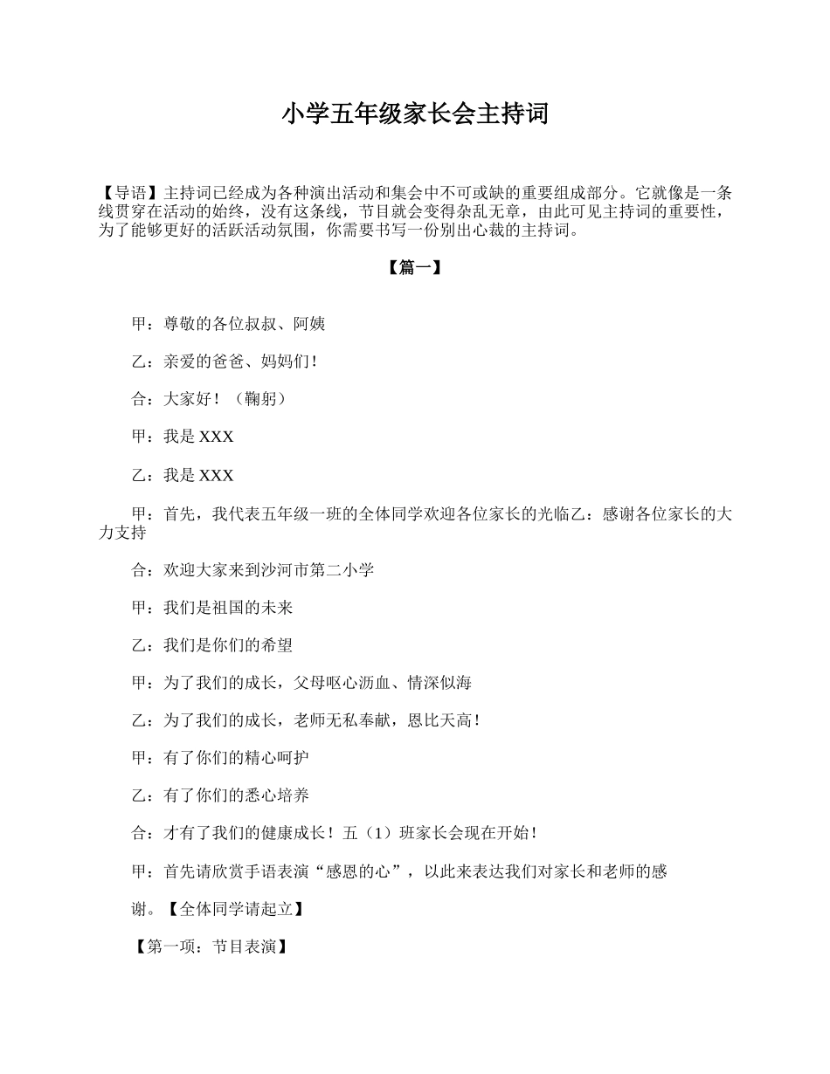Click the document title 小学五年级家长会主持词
click(x=415, y=114)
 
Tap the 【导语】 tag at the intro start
click(x=124, y=193)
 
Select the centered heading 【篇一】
click(x=414, y=269)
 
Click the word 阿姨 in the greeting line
click(x=309, y=324)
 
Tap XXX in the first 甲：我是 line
click(x=217, y=437)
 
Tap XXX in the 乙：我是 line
click(x=217, y=476)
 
